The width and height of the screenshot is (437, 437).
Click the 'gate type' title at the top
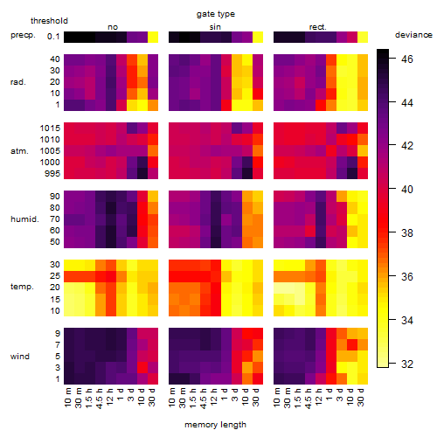pyautogui.click(x=216, y=14)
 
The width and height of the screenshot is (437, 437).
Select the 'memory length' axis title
pyautogui.click(x=215, y=425)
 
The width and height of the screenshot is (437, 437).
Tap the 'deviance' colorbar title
pyautogui.click(x=413, y=35)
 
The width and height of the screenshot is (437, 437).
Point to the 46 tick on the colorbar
pyautogui.click(x=407, y=59)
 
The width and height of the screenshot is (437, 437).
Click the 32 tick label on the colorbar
pyautogui.click(x=407, y=364)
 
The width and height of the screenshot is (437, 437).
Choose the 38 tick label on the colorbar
pyautogui.click(x=407, y=232)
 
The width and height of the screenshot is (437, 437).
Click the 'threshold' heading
pyautogui.click(x=49, y=21)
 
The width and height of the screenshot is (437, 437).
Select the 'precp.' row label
pyautogui.click(x=23, y=35)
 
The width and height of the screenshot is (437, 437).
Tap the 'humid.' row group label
pyautogui.click(x=24, y=219)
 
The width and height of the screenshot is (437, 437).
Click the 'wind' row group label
pyautogui.click(x=20, y=357)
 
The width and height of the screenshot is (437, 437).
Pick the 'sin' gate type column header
pyautogui.click(x=215, y=27)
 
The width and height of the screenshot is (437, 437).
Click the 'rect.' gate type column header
pyautogui.click(x=318, y=27)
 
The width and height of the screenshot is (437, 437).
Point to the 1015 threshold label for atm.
pyautogui.click(x=50, y=128)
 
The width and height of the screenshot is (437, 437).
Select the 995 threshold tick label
pyautogui.click(x=52, y=174)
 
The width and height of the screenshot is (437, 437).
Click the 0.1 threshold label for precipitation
pyautogui.click(x=53, y=37)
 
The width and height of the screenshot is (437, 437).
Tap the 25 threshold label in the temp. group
pyautogui.click(x=55, y=276)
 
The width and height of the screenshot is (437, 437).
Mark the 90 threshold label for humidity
pyautogui.click(x=55, y=197)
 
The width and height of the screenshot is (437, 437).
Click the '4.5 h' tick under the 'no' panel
pyautogui.click(x=100, y=399)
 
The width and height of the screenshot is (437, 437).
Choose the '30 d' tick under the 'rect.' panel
pyautogui.click(x=361, y=397)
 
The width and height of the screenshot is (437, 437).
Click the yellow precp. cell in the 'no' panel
pyautogui.click(x=153, y=37)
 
